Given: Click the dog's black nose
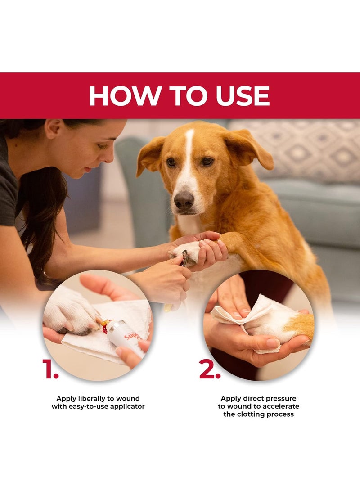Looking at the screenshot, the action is (184, 199).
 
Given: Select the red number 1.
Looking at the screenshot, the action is (50, 369).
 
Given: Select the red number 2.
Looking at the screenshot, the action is (210, 369).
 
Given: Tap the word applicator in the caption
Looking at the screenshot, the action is (127, 407).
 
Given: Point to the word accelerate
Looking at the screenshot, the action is (281, 406).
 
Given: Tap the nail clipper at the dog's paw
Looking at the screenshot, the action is (184, 258).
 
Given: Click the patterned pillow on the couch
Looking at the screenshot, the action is (301, 150).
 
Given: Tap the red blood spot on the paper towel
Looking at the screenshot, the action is (105, 329).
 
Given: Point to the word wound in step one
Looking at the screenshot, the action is (128, 399).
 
